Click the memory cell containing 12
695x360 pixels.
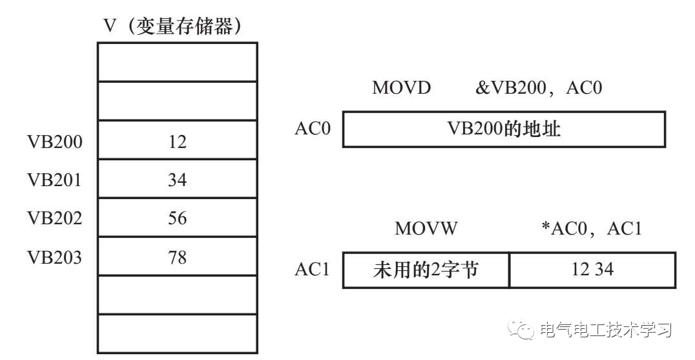point(177,140)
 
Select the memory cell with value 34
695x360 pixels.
point(177,179)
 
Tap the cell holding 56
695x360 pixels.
point(177,218)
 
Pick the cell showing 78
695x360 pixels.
point(177,257)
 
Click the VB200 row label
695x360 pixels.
point(55,141)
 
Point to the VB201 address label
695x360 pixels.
point(55,180)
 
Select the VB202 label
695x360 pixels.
point(55,218)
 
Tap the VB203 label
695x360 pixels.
point(55,257)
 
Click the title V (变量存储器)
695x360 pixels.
point(172,26)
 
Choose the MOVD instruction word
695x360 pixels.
point(401,88)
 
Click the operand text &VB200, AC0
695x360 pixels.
point(539,88)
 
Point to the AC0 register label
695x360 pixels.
point(313,129)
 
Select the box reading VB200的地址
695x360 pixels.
point(504,129)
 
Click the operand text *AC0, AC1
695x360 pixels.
point(590,229)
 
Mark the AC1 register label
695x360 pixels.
point(313,270)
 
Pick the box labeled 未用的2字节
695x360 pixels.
point(426,270)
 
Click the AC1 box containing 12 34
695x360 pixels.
point(592,270)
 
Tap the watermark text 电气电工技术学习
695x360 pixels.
point(606,330)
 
